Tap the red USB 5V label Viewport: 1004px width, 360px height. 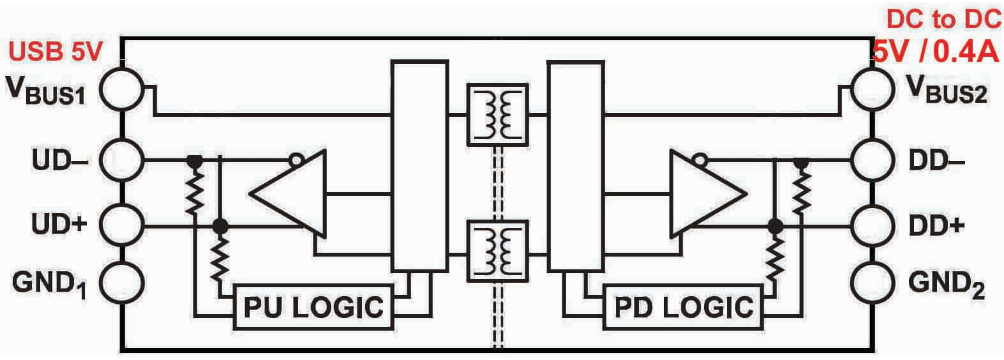coord(56,52)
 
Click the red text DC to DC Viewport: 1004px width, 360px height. coord(943,20)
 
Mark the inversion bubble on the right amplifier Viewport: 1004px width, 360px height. coord(700,160)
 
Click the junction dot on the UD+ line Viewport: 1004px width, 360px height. coord(220,226)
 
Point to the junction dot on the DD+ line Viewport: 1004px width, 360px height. coord(775,227)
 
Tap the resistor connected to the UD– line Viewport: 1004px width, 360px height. coord(195,193)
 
